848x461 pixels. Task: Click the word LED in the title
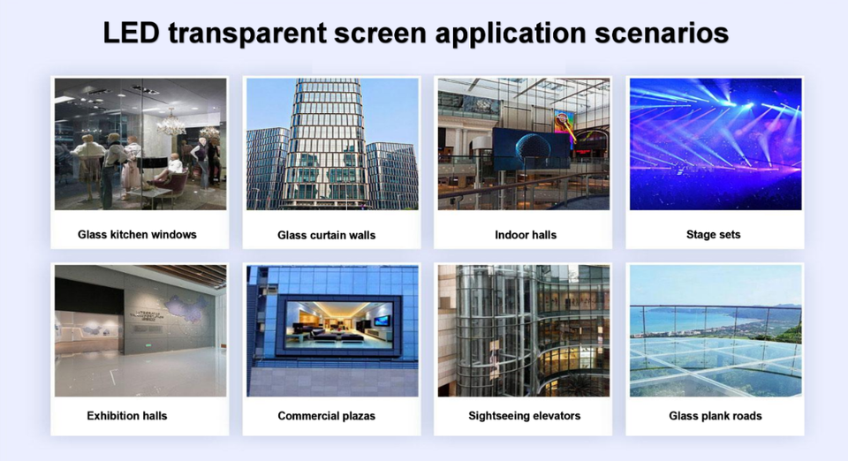[x=132, y=33]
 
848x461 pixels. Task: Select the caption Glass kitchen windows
[x=137, y=235]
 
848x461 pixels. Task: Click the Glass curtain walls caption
[x=326, y=235]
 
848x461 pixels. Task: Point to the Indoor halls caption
[x=525, y=235]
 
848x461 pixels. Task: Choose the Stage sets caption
[x=713, y=235]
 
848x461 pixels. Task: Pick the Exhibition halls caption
[x=126, y=416]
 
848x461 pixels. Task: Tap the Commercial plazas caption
[x=326, y=416]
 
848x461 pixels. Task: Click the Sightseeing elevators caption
[x=524, y=416]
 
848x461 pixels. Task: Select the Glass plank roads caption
[x=715, y=416]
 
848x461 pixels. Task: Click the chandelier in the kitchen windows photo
[x=171, y=123]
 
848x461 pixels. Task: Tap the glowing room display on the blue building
[x=338, y=324]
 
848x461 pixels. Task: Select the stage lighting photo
[x=715, y=144]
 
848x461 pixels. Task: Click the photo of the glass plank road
[x=715, y=331]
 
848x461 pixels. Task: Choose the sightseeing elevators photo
[x=524, y=331]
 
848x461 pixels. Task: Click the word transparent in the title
[x=247, y=34]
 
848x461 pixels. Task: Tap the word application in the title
[x=510, y=34]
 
